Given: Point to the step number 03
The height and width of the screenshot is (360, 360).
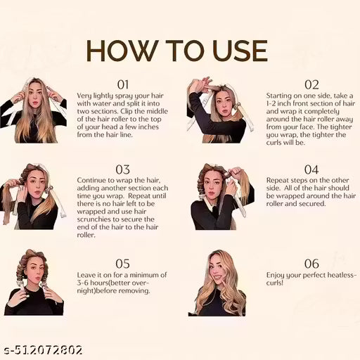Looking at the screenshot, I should click(123, 169).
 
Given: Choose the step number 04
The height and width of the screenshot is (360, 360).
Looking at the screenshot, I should click(311, 169).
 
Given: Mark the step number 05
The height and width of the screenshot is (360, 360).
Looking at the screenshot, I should click(123, 263).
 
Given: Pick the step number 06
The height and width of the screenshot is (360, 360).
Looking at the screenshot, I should click(311, 263).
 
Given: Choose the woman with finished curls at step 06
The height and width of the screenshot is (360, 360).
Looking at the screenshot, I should click(218, 281).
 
